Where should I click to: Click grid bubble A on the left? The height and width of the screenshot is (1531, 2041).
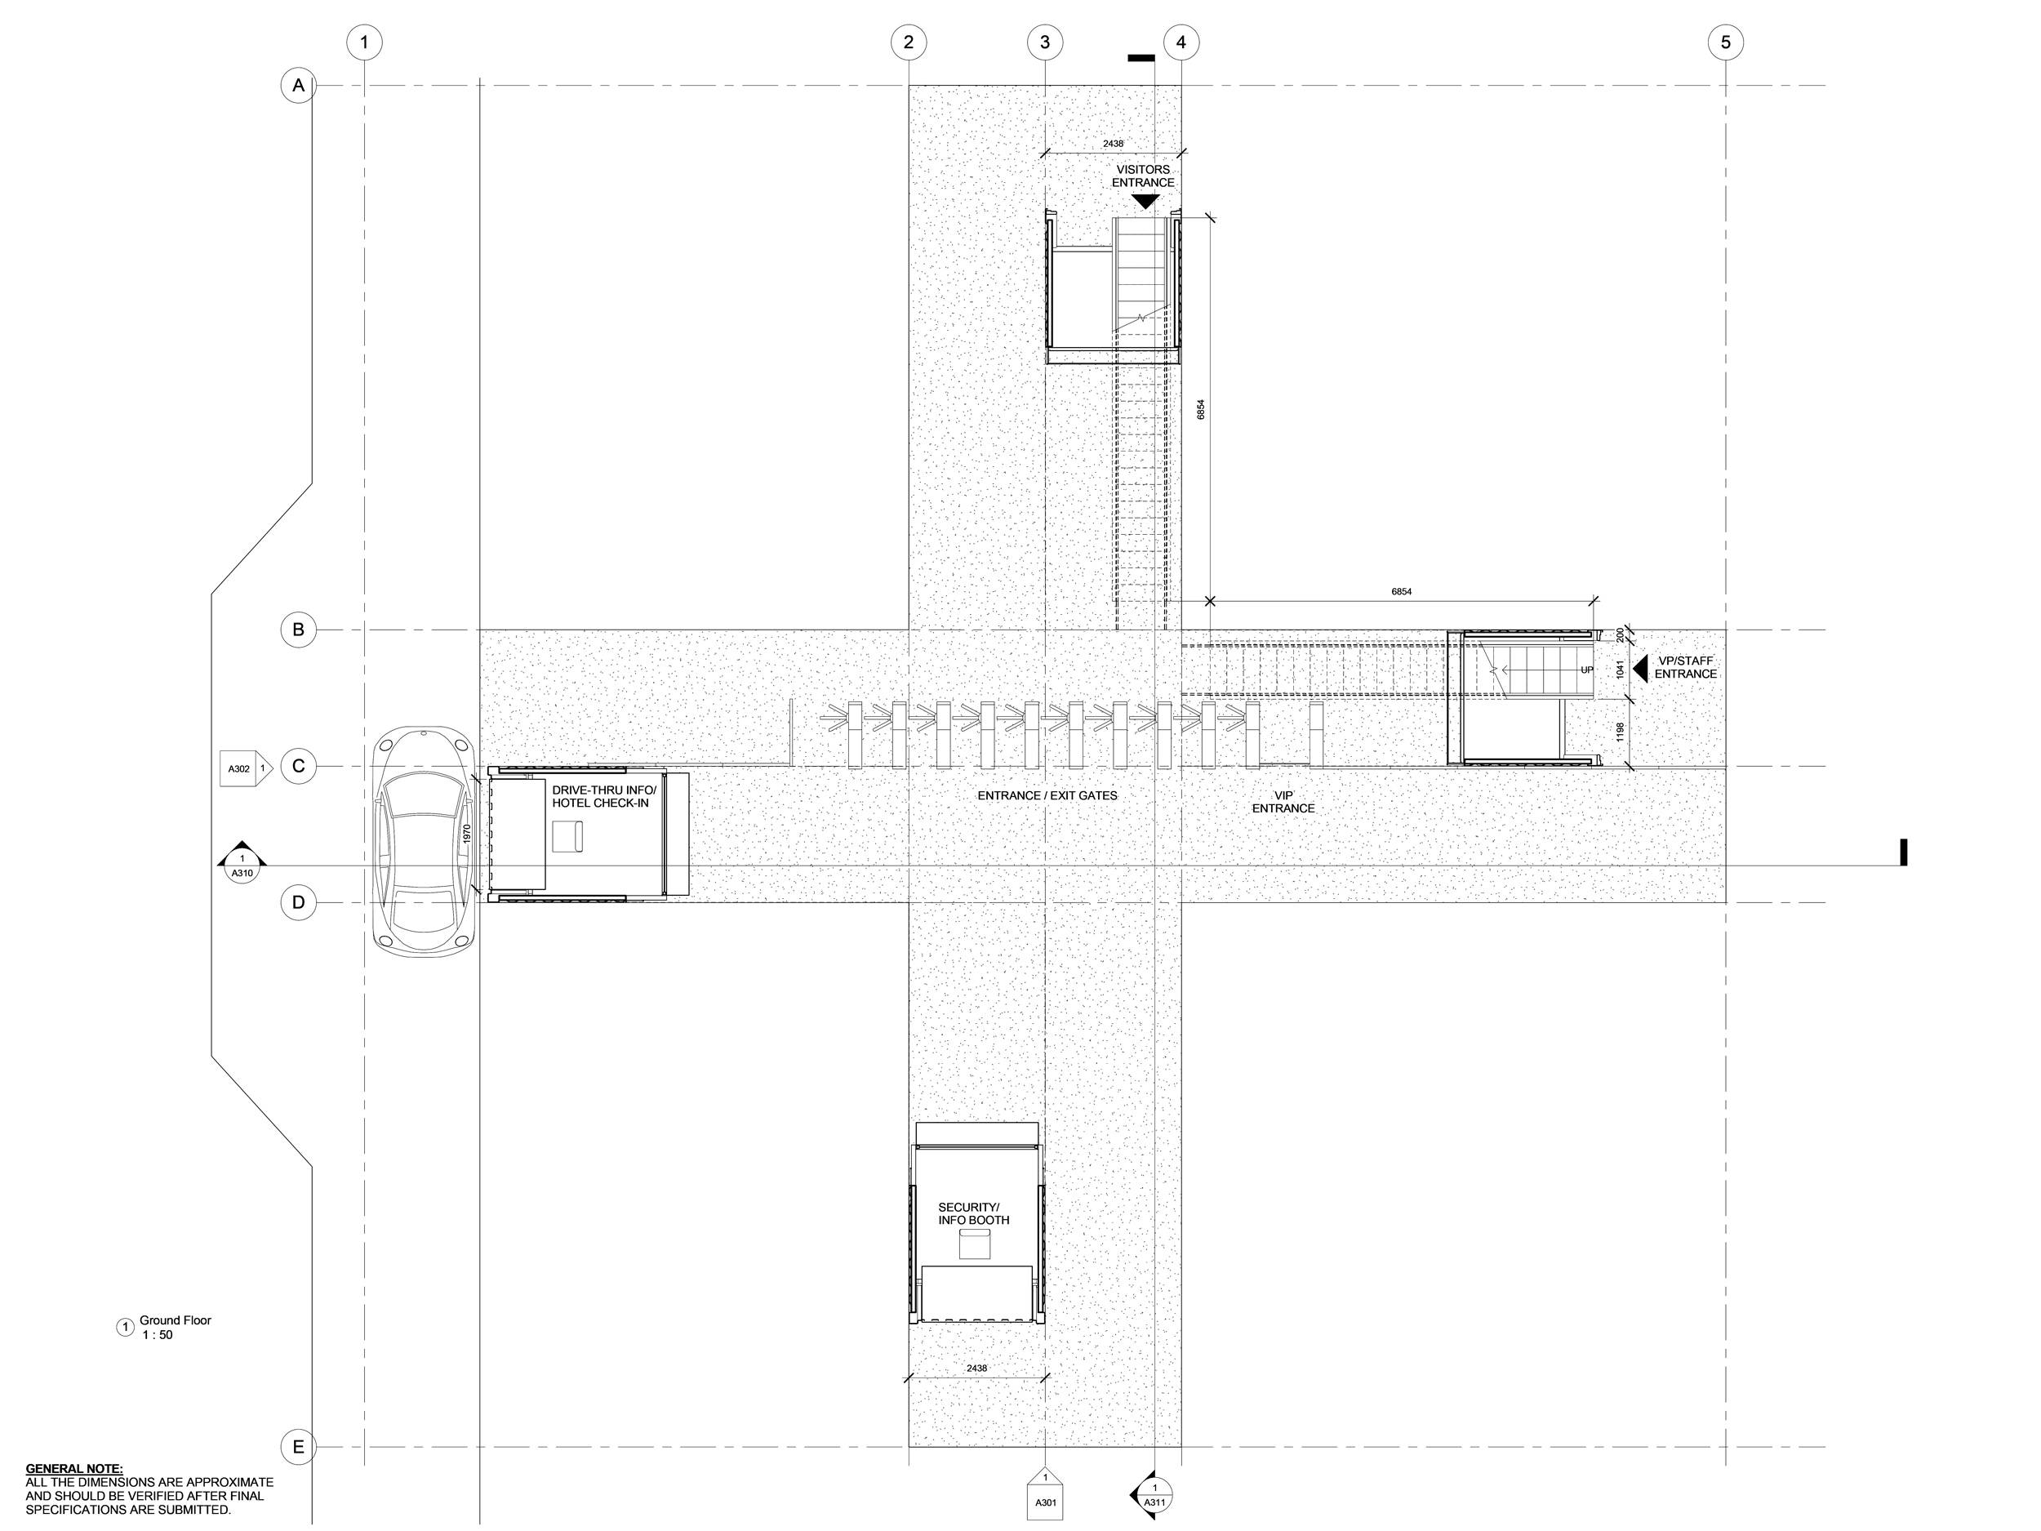298,86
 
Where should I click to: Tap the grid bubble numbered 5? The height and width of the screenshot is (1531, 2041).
1725,42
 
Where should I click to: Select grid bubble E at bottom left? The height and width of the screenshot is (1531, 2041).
298,1446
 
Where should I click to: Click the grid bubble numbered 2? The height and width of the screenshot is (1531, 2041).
909,42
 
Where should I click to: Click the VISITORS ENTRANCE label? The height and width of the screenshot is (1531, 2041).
1142,176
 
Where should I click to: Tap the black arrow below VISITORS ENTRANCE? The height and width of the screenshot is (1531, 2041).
1144,201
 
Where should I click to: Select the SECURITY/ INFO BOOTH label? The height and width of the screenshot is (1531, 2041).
973,1213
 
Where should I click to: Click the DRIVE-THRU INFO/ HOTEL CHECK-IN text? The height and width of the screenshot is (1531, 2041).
603,796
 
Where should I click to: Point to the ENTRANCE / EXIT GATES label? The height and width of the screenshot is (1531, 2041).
1047,795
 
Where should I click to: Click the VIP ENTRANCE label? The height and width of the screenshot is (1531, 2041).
1283,802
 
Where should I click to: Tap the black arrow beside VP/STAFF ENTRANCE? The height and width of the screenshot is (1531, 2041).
1640,667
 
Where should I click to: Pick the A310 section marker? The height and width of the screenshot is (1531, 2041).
242,863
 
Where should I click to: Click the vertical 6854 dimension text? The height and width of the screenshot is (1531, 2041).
1200,410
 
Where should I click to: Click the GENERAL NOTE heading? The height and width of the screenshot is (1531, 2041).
73,1468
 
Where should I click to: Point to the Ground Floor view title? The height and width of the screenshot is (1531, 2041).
176,1320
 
